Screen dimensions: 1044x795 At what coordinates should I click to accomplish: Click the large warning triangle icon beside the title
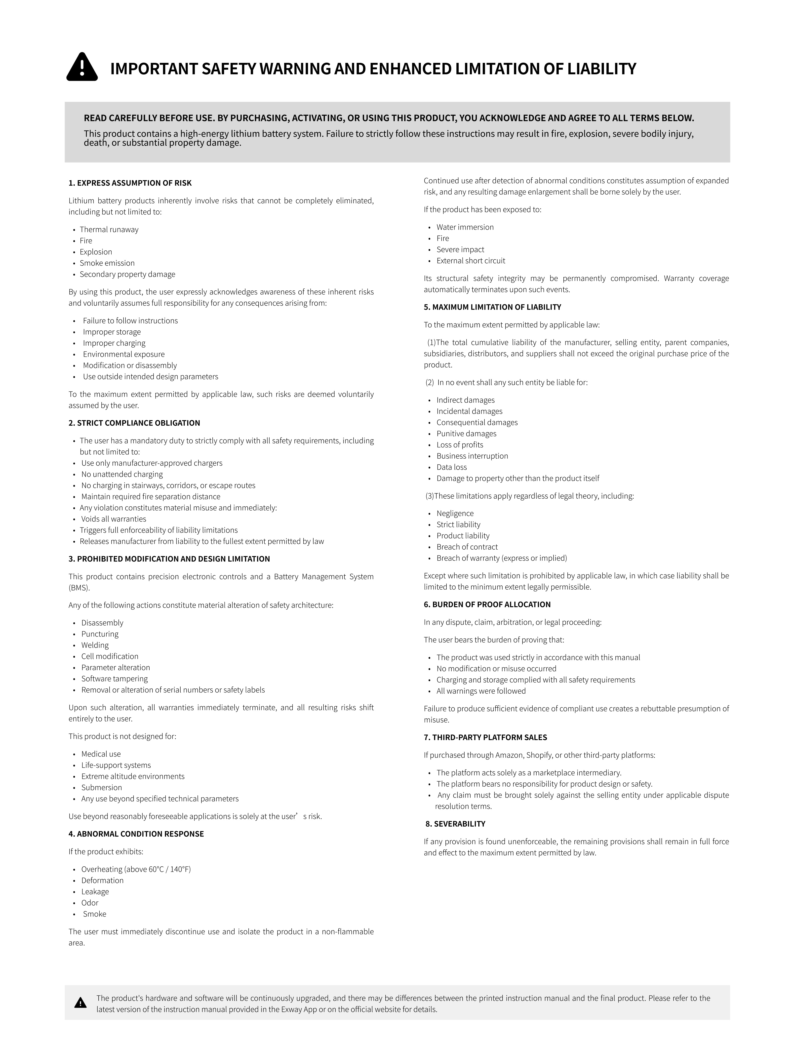click(x=82, y=67)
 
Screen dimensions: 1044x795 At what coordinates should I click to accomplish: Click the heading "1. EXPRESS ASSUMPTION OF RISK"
click(x=130, y=183)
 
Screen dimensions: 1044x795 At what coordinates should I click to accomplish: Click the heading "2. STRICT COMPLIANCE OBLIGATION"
click(x=134, y=423)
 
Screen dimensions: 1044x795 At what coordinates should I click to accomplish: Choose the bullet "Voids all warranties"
click(x=114, y=519)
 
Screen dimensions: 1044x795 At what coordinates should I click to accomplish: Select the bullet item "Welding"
click(x=95, y=645)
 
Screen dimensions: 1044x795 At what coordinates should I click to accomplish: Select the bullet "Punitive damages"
click(x=466, y=434)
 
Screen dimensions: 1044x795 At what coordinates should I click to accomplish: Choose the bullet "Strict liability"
click(x=458, y=525)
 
